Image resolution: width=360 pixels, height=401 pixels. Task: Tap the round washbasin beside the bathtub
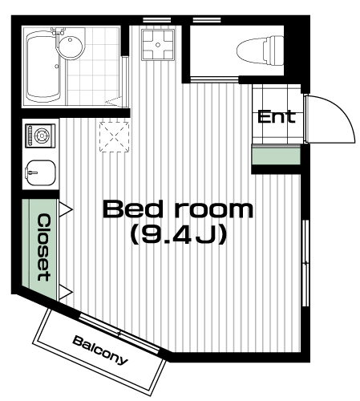[71, 46]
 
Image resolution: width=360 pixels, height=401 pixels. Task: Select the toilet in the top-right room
[260, 51]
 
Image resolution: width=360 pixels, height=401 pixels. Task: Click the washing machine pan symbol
[158, 45]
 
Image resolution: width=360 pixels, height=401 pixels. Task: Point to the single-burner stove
[40, 136]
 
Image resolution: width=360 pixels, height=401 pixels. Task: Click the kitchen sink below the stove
[40, 173]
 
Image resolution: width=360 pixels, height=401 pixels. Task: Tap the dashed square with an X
[115, 137]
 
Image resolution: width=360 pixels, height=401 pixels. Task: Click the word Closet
[43, 247]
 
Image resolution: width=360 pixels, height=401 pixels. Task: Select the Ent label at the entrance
[277, 117]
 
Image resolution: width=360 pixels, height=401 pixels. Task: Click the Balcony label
[100, 350]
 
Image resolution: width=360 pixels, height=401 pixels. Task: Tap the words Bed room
[178, 209]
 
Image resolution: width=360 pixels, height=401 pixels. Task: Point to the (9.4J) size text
[179, 234]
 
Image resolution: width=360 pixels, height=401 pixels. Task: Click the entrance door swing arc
[345, 112]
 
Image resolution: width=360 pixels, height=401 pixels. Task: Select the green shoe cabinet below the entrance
[277, 155]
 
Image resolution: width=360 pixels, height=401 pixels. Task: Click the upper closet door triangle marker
[66, 209]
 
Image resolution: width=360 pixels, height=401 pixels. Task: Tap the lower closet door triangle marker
[66, 292]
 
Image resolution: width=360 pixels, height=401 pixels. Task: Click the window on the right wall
[305, 263]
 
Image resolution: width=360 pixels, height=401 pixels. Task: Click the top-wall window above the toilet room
[207, 20]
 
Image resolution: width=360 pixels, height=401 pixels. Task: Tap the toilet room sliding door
[215, 79]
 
